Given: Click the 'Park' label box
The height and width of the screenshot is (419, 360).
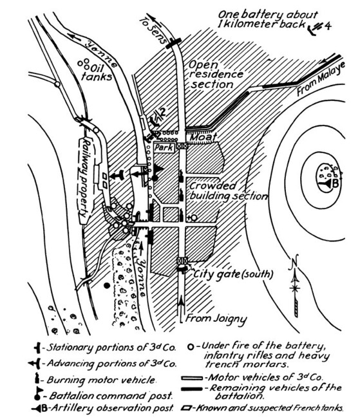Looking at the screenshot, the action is point(164,147).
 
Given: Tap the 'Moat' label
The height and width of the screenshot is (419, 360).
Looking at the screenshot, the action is point(204,136).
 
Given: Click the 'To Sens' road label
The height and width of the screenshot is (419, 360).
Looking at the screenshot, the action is point(153,32).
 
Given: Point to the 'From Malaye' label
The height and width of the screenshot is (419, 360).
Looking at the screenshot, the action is point(321,79).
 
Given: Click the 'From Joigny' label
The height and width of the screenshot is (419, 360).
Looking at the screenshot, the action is point(216,319).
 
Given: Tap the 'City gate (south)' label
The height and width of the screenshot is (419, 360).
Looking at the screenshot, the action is point(233,274).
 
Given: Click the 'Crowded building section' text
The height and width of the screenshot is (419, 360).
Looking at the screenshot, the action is point(228,191).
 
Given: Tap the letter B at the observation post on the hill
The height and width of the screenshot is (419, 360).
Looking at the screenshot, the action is point(336,183).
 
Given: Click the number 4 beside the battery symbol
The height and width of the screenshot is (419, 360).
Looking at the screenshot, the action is point(327,26).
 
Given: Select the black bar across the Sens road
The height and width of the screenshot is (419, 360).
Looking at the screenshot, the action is point(173,43).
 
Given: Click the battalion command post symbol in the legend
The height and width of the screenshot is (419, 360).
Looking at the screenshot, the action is point(39,394).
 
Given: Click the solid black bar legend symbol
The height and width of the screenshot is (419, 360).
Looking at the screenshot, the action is point(192,389).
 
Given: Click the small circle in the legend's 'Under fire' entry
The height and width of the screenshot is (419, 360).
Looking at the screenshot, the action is point(190,348).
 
